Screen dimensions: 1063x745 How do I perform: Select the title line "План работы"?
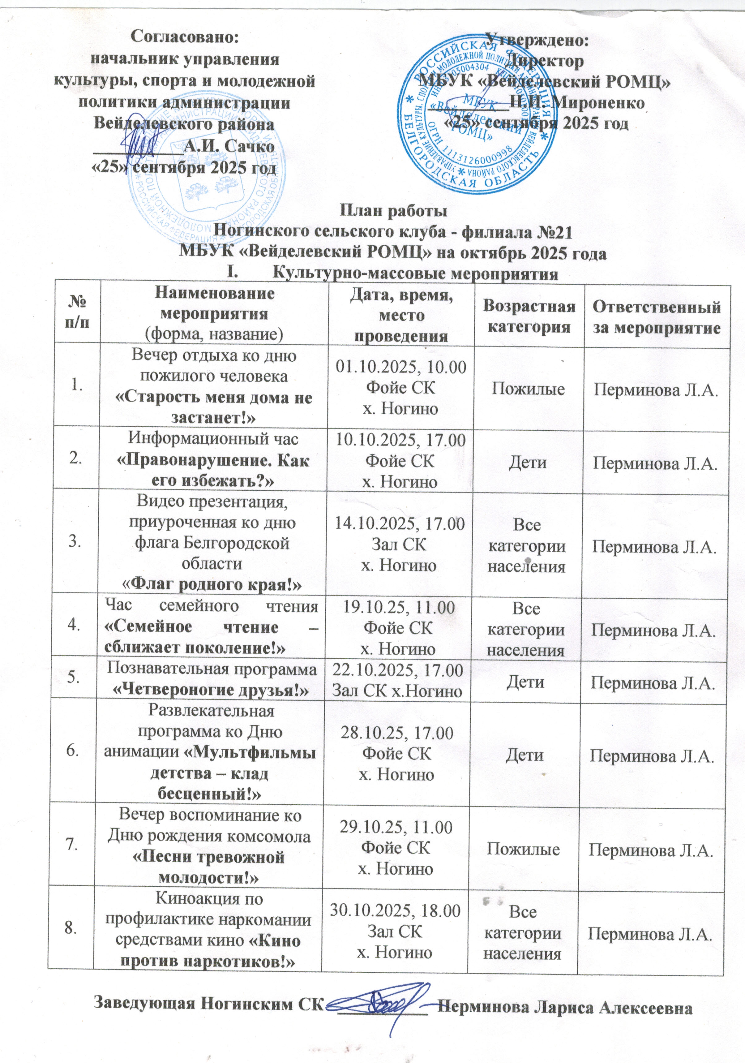[x=394, y=211]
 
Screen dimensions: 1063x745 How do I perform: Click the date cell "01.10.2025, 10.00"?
[x=401, y=367]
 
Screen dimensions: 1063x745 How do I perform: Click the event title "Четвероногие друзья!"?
[x=212, y=690]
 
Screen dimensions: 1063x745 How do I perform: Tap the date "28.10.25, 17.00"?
[x=397, y=733]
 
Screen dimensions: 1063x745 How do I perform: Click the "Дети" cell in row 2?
[x=528, y=463]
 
